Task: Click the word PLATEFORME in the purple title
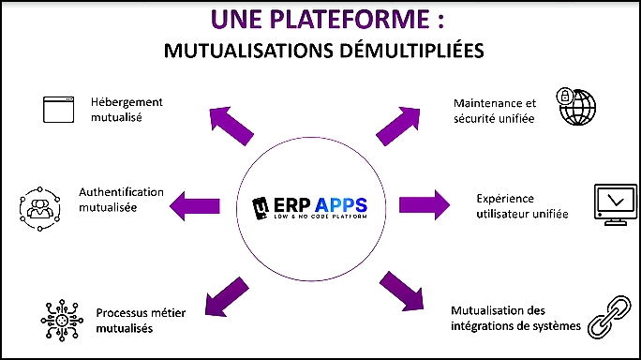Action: coord(349,19)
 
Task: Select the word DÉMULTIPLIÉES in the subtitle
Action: coord(411,51)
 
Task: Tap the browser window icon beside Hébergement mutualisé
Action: coord(58,110)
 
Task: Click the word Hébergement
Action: coord(127,102)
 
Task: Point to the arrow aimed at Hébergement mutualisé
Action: coord(231,126)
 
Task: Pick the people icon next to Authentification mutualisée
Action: coord(39,209)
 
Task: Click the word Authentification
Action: coord(121,192)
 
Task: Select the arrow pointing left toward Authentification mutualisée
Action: coord(195,205)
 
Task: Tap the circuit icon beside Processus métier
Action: coord(62,321)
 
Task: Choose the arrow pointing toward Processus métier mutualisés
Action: coord(226,297)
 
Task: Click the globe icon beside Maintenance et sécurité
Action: coord(576,106)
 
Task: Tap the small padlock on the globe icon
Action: coord(565,97)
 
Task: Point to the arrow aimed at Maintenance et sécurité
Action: coord(398,126)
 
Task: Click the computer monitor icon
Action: coord(616,204)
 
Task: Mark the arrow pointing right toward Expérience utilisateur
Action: coord(425,205)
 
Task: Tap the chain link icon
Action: coord(609,318)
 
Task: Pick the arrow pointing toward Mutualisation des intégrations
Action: coord(401,291)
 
